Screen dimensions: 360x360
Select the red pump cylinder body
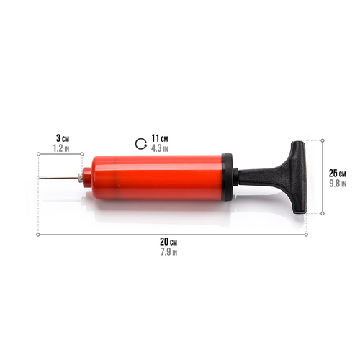(x=155, y=176)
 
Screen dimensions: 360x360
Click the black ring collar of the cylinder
(x=228, y=176)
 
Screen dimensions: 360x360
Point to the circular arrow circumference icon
(x=141, y=143)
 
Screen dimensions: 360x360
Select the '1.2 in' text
(x=62, y=148)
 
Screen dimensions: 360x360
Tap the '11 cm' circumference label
(x=159, y=138)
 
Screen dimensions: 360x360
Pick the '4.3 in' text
(x=159, y=148)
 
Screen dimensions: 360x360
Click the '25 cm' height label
(x=337, y=173)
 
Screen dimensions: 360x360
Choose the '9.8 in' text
(x=337, y=184)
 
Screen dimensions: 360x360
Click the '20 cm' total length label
(x=168, y=241)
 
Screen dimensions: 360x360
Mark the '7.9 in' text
(x=168, y=252)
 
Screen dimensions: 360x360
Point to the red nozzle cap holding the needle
(x=86, y=177)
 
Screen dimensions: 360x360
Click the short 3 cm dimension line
(x=62, y=154)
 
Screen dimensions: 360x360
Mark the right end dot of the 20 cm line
(x=306, y=234)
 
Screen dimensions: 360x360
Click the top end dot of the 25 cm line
(x=322, y=140)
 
